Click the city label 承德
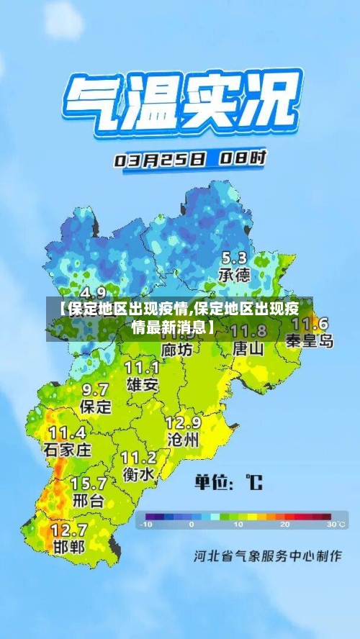[x=234, y=275]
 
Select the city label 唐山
[x=248, y=348]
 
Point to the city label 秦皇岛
[x=310, y=340]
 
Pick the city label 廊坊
[x=177, y=349]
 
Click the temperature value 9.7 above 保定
[x=95, y=389]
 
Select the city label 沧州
[x=182, y=438]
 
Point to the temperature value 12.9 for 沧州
[x=183, y=422]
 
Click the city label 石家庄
[x=68, y=450]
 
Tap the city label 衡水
[x=138, y=474]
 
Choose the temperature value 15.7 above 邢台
[x=88, y=483]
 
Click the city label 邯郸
[x=68, y=546]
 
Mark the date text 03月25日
[x=160, y=160]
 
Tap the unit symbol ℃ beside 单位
[x=253, y=481]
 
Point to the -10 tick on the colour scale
[x=147, y=525]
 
